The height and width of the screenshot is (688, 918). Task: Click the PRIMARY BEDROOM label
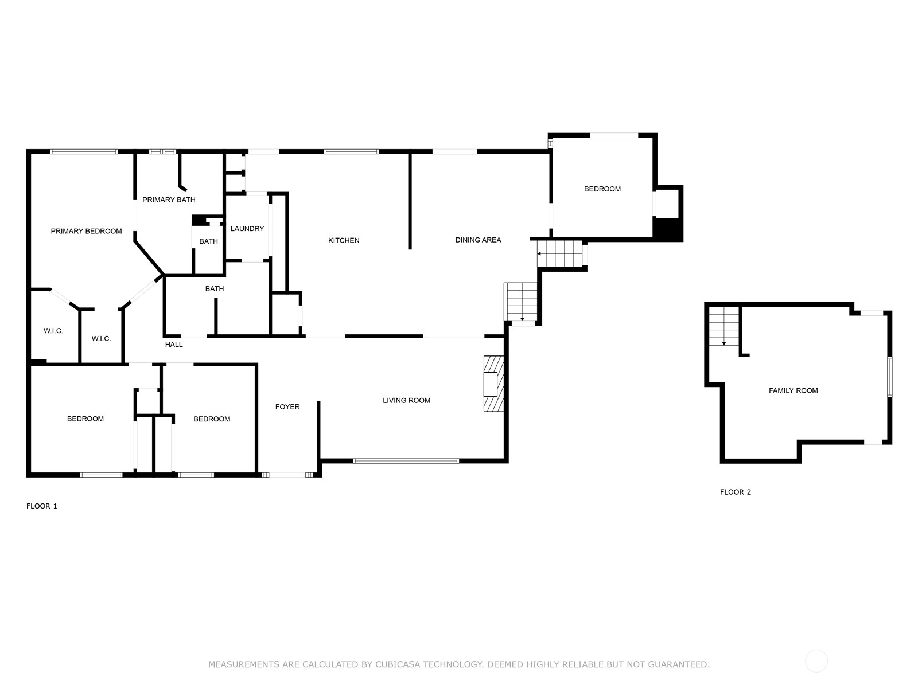pyautogui.click(x=86, y=231)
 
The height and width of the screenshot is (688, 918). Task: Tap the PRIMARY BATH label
pyautogui.click(x=169, y=200)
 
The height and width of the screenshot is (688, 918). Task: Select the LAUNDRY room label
pyautogui.click(x=247, y=229)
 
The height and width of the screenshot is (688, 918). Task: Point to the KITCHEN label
pyautogui.click(x=343, y=240)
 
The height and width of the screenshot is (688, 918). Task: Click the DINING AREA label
pyautogui.click(x=478, y=240)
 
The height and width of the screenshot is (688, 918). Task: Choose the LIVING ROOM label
pyautogui.click(x=406, y=400)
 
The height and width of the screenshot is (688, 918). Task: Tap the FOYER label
pyautogui.click(x=287, y=406)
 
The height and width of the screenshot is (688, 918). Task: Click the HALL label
pyautogui.click(x=174, y=344)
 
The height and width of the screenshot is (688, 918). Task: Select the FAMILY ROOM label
pyautogui.click(x=793, y=390)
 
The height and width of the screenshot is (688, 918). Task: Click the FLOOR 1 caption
pyautogui.click(x=41, y=506)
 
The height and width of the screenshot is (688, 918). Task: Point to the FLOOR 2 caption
pyautogui.click(x=735, y=492)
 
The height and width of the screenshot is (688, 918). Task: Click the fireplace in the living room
pyautogui.click(x=493, y=384)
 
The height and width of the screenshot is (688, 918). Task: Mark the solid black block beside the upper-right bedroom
pyautogui.click(x=668, y=229)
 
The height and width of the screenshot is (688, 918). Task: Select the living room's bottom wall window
pyautogui.click(x=406, y=461)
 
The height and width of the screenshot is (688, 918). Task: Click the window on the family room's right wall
pyautogui.click(x=889, y=377)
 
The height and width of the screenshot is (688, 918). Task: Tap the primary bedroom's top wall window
pyautogui.click(x=84, y=151)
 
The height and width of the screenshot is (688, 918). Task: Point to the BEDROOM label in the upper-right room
pyautogui.click(x=602, y=189)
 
